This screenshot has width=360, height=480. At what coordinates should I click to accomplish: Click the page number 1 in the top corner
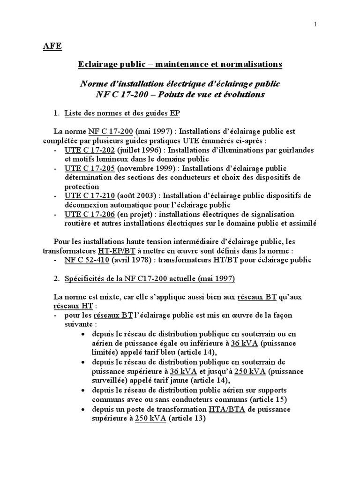click(x=315, y=25)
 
